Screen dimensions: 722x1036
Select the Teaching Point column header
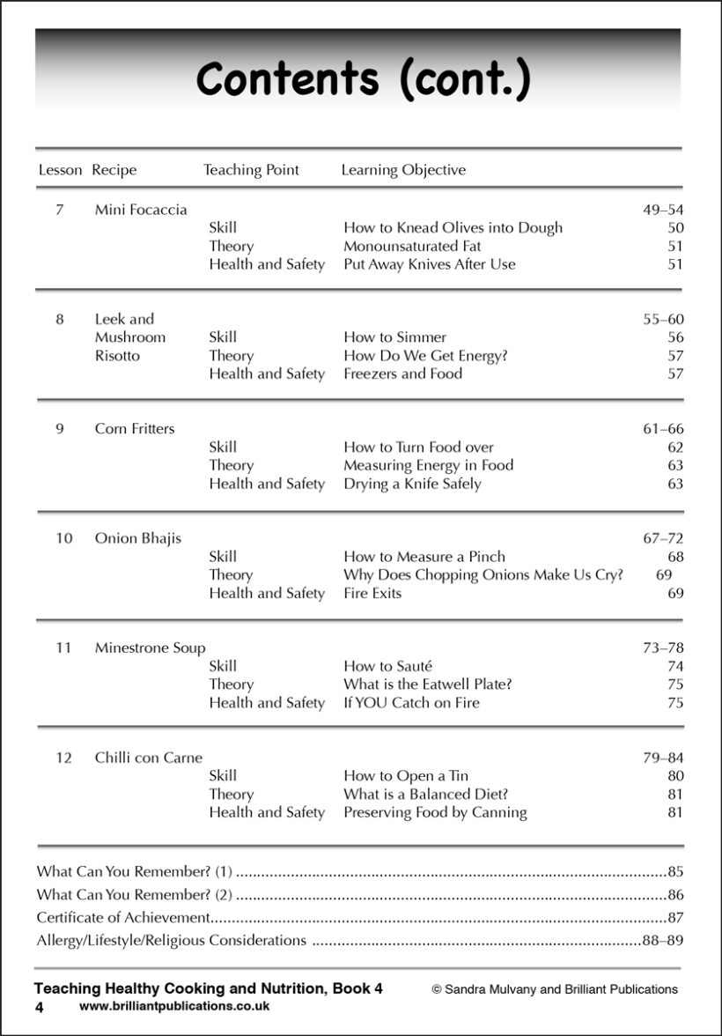pyautogui.click(x=251, y=170)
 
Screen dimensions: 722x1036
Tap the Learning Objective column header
pyautogui.click(x=403, y=170)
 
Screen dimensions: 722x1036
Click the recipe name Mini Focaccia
pyautogui.click(x=141, y=210)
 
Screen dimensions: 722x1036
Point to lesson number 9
pyautogui.click(x=60, y=429)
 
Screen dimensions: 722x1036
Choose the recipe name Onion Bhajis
pyautogui.click(x=138, y=538)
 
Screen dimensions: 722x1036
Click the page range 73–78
pyautogui.click(x=663, y=648)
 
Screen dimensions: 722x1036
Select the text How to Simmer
pyautogui.click(x=394, y=337)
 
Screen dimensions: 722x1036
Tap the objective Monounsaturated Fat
pyautogui.click(x=412, y=246)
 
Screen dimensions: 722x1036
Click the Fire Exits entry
pyautogui.click(x=372, y=594)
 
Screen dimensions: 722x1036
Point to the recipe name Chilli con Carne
pyautogui.click(x=149, y=758)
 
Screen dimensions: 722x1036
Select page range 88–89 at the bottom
pyautogui.click(x=662, y=940)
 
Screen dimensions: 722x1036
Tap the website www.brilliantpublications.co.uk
pyautogui.click(x=174, y=1005)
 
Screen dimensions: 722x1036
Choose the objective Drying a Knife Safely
pyautogui.click(x=412, y=484)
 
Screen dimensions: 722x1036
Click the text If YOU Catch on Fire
pyautogui.click(x=411, y=703)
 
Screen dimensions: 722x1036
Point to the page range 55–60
pyautogui.click(x=663, y=320)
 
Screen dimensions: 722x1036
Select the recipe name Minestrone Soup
pyautogui.click(x=151, y=648)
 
